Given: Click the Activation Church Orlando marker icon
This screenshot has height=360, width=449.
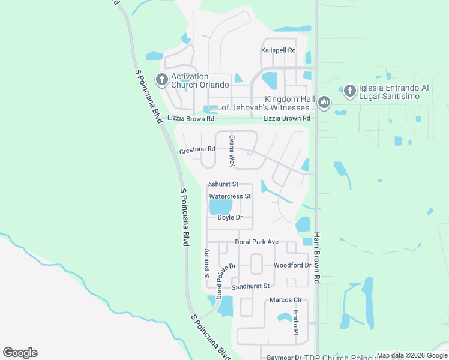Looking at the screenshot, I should point(161,79).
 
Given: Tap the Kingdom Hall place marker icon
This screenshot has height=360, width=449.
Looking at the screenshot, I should point(324,103).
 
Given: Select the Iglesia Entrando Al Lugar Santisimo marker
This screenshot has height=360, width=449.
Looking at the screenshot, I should point(349,91).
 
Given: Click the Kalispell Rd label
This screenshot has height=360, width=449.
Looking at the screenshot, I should point(279,50).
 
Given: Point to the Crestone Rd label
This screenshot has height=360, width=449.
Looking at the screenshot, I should point(197,149).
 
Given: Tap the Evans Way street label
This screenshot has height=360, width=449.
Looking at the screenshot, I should point(231,151).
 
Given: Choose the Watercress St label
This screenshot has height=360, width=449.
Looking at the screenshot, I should point(229,196).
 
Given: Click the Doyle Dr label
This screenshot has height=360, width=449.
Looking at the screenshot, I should point(229,217).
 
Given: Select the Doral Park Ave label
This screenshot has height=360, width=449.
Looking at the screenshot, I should point(256,242).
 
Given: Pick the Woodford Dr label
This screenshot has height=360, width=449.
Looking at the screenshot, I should point(292,265).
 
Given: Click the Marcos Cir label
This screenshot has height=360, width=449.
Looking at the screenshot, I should point(285,299).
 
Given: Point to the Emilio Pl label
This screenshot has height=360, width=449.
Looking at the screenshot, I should point(296,323).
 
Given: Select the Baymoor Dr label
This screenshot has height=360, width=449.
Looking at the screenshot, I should point(284,358).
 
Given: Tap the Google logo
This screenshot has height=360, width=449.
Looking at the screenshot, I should point(20,353).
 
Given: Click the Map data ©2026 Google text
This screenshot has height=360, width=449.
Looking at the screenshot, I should point(412,355).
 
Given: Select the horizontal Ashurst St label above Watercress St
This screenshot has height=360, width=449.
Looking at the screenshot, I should point(223,184).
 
